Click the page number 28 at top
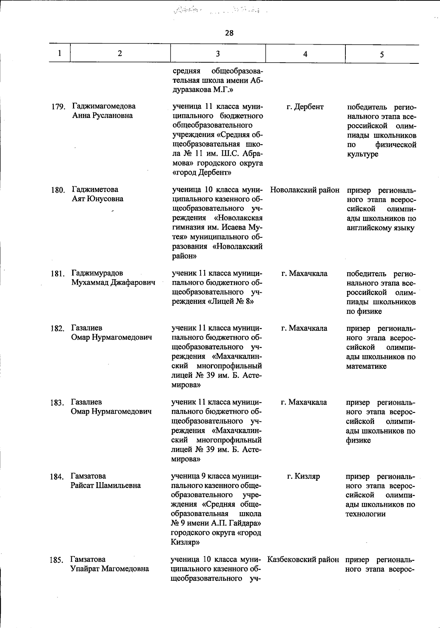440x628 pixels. click(x=229, y=33)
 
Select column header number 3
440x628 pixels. click(x=218, y=54)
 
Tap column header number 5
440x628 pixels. click(x=382, y=55)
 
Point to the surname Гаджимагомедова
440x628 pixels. click(x=104, y=106)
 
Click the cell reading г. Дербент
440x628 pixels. click(x=305, y=107)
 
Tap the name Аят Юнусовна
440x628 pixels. click(x=97, y=199)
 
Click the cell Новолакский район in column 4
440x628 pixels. click(x=305, y=190)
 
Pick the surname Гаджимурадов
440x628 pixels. click(x=97, y=273)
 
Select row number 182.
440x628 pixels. click(x=58, y=329)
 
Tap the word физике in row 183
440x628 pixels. click(x=358, y=440)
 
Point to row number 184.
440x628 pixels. click(x=57, y=477)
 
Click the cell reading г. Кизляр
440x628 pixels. click(x=303, y=476)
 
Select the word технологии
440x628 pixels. click(x=365, y=514)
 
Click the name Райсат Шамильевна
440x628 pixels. click(x=106, y=485)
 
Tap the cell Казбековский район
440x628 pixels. click(x=303, y=560)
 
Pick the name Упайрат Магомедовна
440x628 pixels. click(x=110, y=569)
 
